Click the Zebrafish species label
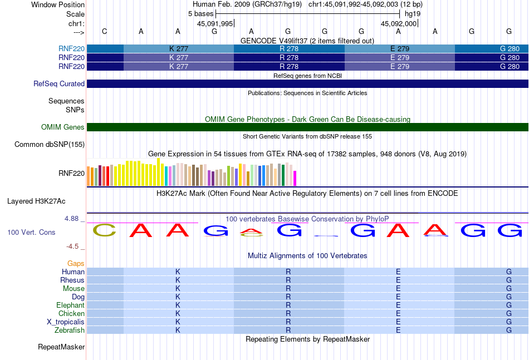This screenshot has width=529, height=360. (70, 330)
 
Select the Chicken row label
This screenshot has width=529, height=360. (71, 313)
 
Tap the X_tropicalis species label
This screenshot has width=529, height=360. (66, 322)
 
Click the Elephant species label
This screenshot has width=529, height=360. (70, 305)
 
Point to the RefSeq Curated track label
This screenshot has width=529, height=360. (59, 83)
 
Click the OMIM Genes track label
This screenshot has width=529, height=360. (63, 127)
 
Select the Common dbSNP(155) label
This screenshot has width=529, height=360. (50, 144)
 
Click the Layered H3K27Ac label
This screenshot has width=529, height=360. (36, 201)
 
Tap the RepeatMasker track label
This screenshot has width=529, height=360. (61, 347)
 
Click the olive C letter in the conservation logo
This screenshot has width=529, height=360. (104, 230)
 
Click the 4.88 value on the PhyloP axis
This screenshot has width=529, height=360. (71, 219)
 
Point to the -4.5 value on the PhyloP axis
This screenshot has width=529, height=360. (72, 246)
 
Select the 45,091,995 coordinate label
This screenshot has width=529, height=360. (215, 23)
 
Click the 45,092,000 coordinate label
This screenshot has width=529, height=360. (399, 23)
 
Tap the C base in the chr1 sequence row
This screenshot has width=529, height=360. (105, 31)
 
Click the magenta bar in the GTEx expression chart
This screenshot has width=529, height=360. (295, 178)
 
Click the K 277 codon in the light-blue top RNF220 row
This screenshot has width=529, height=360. (179, 48)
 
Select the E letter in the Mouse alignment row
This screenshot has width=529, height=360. (399, 289)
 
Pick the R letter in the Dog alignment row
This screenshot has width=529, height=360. (288, 297)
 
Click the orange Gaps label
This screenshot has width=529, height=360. (76, 263)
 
